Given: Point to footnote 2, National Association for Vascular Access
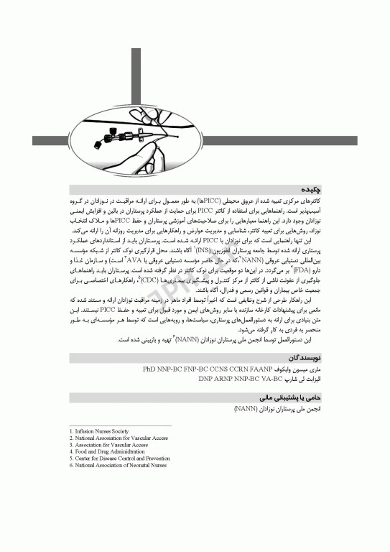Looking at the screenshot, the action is pyautogui.click(x=119, y=438).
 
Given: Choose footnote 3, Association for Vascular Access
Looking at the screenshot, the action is pyautogui.click(x=108, y=445).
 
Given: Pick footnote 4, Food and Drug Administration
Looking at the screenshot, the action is pyautogui.click(x=107, y=451).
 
